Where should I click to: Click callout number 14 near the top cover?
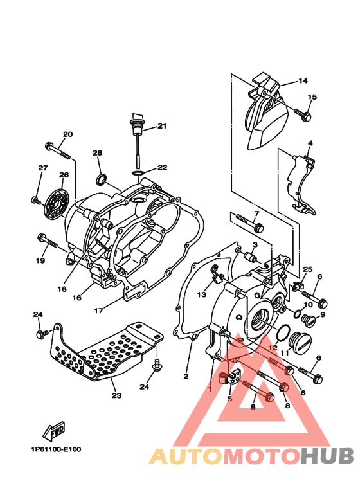pos(303,81)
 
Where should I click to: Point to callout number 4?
pos(309,143)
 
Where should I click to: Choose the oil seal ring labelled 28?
pos(102,178)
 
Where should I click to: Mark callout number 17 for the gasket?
pos(98,310)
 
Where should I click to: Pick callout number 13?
pos(202,294)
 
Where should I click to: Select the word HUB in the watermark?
pos(327,456)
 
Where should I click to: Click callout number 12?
pos(273,347)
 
